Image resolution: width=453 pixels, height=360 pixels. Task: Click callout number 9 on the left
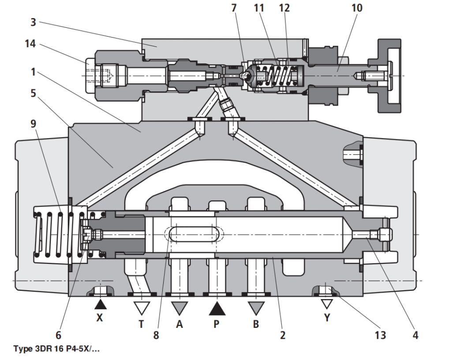pos(34,125)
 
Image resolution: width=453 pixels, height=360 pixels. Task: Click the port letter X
pos(100,317)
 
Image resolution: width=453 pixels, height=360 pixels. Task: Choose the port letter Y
pos(326,317)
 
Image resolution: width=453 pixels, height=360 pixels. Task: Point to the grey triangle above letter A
pos(179,307)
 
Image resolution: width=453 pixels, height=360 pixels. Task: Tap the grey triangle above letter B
pos(255,307)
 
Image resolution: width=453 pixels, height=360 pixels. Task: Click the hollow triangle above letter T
pos(141,307)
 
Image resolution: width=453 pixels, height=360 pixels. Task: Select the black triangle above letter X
pos(100,304)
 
